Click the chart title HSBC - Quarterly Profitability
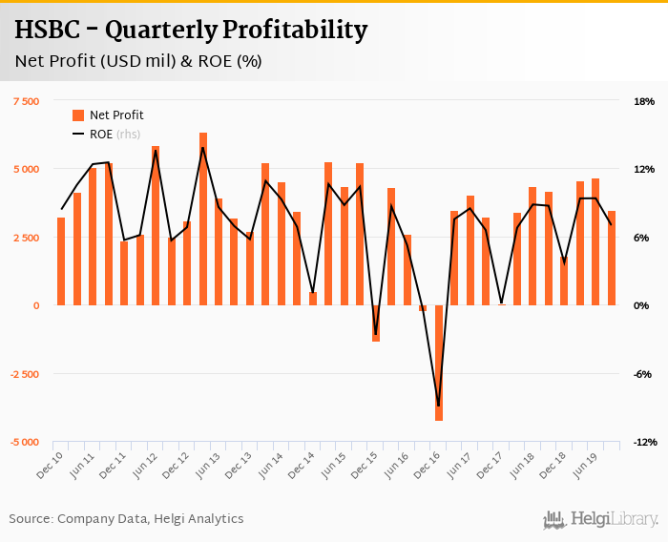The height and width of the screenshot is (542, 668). point(191,31)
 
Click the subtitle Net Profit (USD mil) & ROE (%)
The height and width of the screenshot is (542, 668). point(138,62)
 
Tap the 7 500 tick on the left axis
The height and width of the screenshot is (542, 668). point(26,101)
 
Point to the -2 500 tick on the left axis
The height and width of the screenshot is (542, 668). point(24,374)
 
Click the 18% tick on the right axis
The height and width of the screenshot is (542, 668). point(643,101)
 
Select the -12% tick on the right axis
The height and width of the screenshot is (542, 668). point(641,443)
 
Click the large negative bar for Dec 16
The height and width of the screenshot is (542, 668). point(439,363)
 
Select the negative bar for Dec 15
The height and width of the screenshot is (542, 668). point(376,323)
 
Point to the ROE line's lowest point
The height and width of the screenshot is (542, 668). point(439,406)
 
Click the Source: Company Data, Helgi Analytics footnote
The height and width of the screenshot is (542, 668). point(126,519)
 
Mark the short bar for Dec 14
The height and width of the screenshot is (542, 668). point(313,299)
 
